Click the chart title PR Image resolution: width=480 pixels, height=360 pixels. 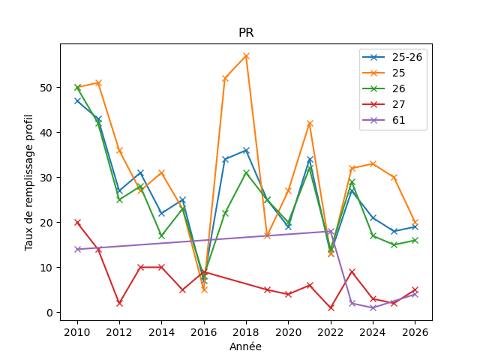pos(246,32)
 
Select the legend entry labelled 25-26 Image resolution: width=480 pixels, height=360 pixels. pos(392,57)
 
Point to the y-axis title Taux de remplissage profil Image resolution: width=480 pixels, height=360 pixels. pos(28,183)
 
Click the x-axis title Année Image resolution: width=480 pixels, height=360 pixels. pos(245,346)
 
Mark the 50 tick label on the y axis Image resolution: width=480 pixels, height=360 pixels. pos(46,88)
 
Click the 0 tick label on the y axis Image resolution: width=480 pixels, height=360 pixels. pos(49,313)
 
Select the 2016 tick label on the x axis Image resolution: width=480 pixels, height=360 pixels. pos(204,332)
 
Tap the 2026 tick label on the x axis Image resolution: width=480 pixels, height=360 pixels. pos(415,332)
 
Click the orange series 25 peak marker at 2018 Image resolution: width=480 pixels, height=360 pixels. pos(246,56)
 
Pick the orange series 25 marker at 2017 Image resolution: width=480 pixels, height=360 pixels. pos(225,79)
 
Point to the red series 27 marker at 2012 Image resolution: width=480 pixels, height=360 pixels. pos(120,303)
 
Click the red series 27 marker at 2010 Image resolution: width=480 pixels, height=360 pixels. pos(77,223)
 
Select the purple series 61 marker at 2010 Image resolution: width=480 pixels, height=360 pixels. pos(77,250)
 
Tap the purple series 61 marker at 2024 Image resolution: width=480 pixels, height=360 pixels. pos(373,308)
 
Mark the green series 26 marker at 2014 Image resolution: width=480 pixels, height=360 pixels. pos(162,236)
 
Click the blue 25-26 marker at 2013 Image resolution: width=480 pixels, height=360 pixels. pos(141,173)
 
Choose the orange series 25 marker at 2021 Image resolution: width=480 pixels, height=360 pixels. pos(310,124)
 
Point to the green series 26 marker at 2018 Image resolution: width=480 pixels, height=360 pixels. pos(246,173)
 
